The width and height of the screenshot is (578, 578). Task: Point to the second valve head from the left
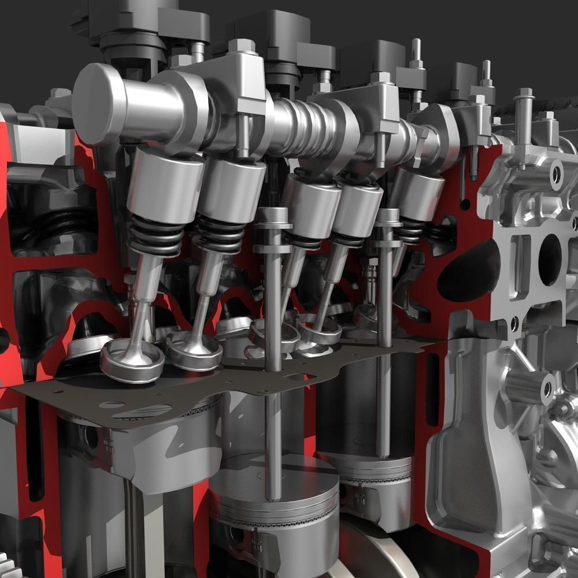pos(194,350)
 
